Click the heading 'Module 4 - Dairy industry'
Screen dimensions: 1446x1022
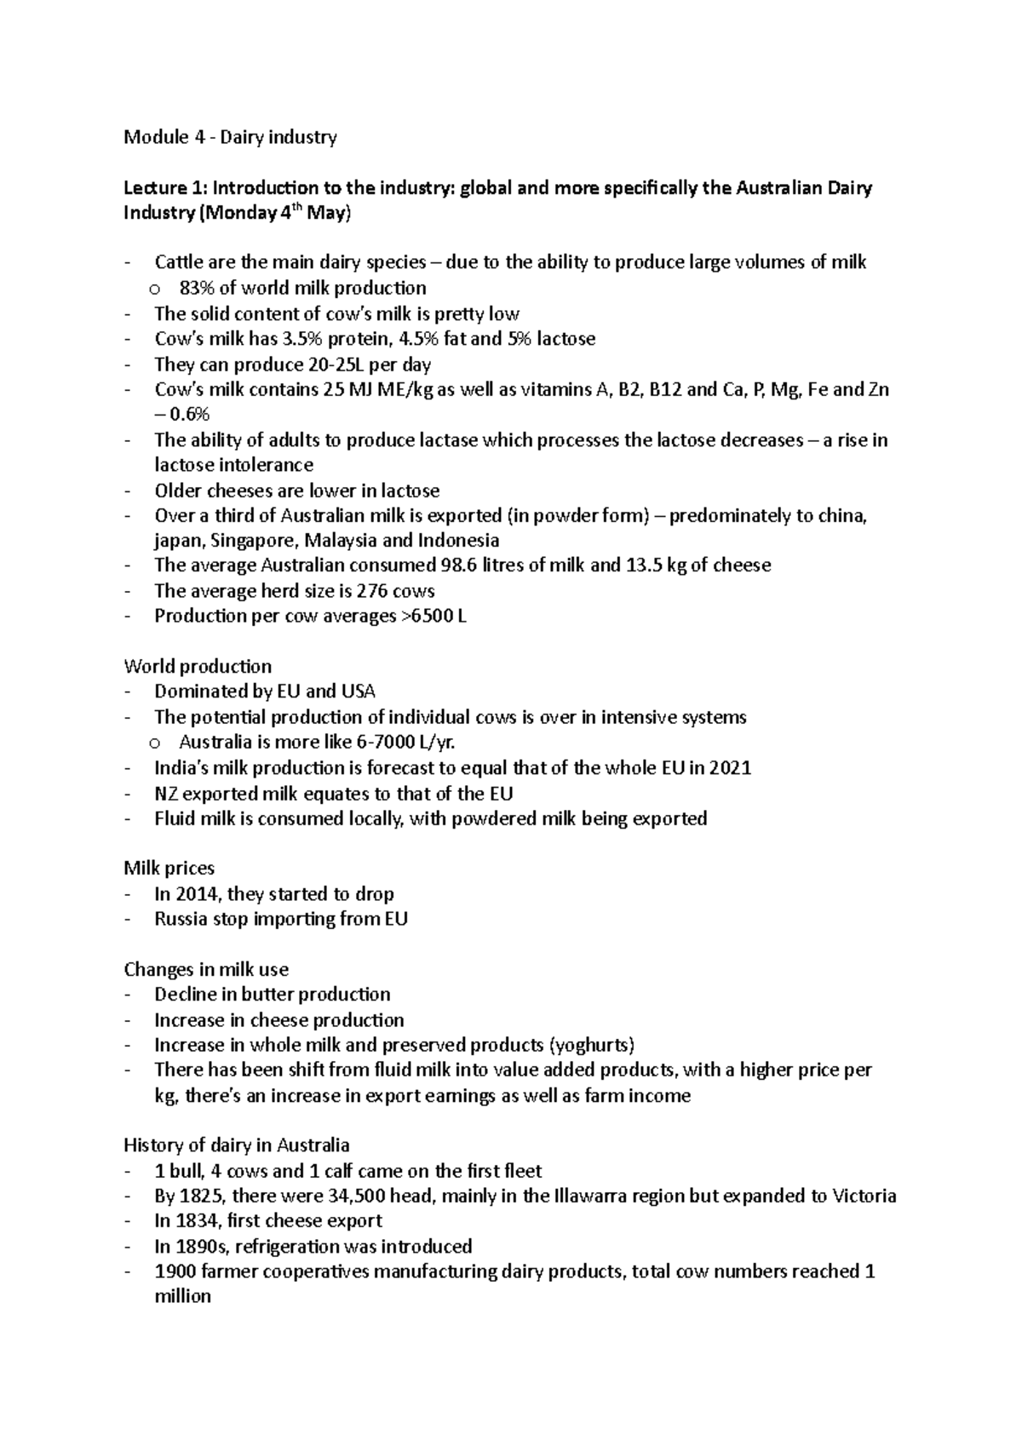[x=230, y=137]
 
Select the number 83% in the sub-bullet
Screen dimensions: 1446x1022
[x=198, y=288]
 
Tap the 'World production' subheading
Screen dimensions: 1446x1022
[x=198, y=666]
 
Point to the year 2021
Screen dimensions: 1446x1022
[x=731, y=768]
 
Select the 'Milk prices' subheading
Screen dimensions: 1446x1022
[x=169, y=869]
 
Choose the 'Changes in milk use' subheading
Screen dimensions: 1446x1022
[x=206, y=969]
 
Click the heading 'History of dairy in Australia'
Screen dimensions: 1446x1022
[x=237, y=1145]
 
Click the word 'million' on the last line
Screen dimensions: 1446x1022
[x=182, y=1297]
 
